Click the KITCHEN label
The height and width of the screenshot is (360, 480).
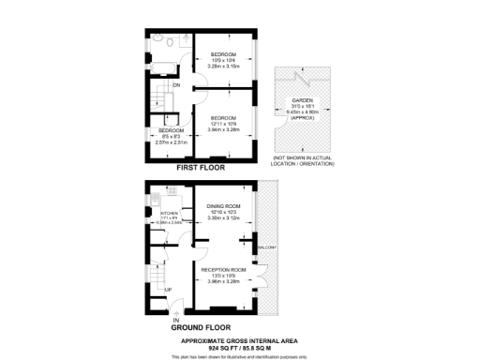[170, 214]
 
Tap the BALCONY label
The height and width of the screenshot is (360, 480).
[267, 247]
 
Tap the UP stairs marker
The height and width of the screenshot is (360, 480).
[168, 289]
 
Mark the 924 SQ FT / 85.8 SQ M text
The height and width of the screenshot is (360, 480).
[240, 348]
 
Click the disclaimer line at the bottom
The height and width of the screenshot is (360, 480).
[240, 356]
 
